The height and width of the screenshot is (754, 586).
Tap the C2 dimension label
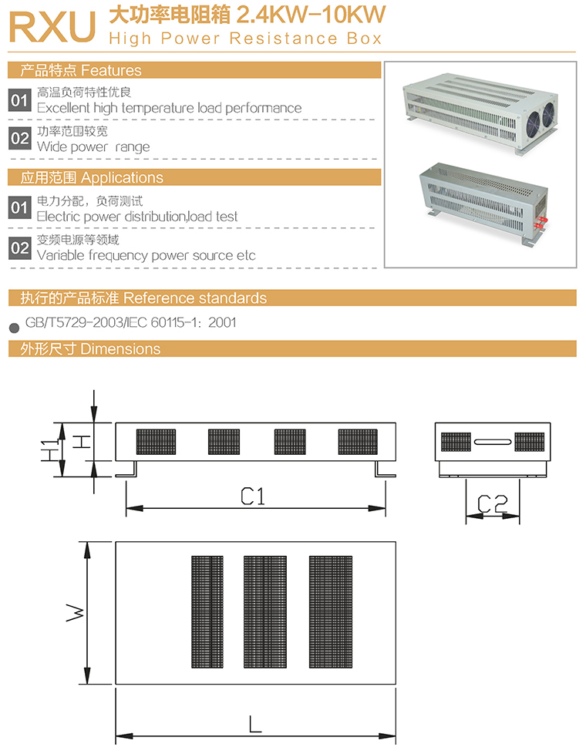tap(491, 503)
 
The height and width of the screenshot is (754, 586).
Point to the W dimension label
tap(73, 613)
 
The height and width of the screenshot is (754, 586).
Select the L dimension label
tap(255, 724)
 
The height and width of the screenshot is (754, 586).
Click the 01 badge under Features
tap(19, 99)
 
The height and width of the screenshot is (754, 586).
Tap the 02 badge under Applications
tap(19, 247)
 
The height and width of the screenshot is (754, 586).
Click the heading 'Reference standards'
tap(195, 298)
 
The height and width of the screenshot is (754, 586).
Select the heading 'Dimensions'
tap(120, 349)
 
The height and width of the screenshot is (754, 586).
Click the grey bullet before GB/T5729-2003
tap(13, 325)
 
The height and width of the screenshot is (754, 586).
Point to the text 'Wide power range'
tap(93, 146)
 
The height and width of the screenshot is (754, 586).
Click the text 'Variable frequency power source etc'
tap(146, 255)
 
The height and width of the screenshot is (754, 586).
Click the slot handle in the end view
tap(492, 442)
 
